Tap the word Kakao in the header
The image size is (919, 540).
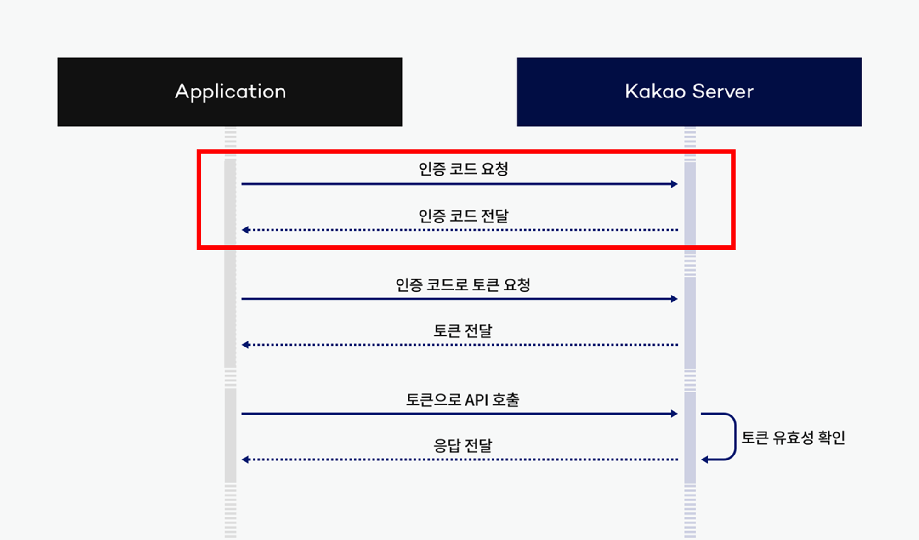[x=655, y=91]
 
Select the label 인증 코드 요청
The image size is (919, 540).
[x=463, y=169]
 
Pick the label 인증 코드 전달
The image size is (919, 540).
[x=463, y=216]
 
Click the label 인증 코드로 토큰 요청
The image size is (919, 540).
[x=463, y=284]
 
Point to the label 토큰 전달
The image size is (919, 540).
[x=463, y=330]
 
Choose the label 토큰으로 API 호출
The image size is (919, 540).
[x=463, y=399]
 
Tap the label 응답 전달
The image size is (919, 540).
[x=463, y=445]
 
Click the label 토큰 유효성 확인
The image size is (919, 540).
[x=794, y=437]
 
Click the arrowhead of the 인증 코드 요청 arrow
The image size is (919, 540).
[x=675, y=184]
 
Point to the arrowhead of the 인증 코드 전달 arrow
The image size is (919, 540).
[x=246, y=230]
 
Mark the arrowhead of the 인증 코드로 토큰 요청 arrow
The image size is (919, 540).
[x=675, y=299]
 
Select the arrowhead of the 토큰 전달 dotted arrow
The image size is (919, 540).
[x=246, y=345]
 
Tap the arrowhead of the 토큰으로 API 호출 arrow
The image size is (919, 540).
[x=675, y=414]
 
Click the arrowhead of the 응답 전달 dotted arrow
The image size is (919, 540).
[x=246, y=460]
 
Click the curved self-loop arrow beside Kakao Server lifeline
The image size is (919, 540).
[x=734, y=437]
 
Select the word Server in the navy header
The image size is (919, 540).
[x=723, y=91]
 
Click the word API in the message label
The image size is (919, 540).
[x=477, y=400]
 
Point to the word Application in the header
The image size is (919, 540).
[x=230, y=91]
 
